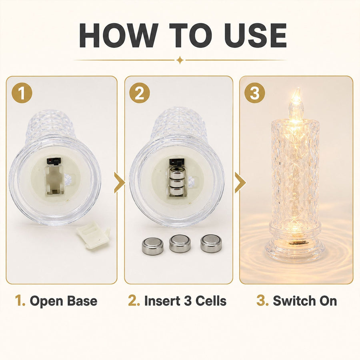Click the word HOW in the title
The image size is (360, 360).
tap(119, 35)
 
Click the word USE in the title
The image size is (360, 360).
tap(255, 35)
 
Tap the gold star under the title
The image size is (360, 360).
tap(180, 60)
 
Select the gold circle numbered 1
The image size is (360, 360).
tap(22, 93)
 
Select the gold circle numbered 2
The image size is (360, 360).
tap(139, 93)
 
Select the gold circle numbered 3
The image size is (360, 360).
tap(255, 93)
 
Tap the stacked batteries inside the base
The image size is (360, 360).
tap(177, 182)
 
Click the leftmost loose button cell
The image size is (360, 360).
tap(152, 246)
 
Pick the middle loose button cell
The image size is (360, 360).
tap(180, 243)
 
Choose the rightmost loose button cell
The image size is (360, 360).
tap(211, 243)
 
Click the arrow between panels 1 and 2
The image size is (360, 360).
tap(119, 183)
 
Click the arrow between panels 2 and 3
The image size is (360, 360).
tap(240, 183)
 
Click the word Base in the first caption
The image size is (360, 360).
tap(82, 301)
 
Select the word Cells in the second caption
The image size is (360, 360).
tap(211, 301)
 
